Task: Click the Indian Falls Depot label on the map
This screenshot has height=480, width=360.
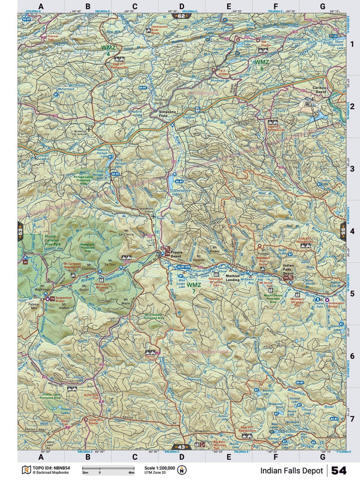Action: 289,270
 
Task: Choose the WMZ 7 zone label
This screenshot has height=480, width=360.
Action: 193,288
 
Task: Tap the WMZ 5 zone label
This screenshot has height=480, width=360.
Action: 262,65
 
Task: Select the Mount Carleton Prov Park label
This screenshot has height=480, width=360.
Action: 37,241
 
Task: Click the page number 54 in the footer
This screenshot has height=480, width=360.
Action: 339,470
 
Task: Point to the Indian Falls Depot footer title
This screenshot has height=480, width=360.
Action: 291,470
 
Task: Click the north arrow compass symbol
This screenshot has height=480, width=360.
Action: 181,470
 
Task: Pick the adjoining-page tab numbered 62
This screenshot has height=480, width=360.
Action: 181,16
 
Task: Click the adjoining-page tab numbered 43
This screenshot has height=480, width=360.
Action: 181,447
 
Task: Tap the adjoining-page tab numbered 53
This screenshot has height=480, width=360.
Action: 21,231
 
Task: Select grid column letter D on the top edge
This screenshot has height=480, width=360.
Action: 182,7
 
